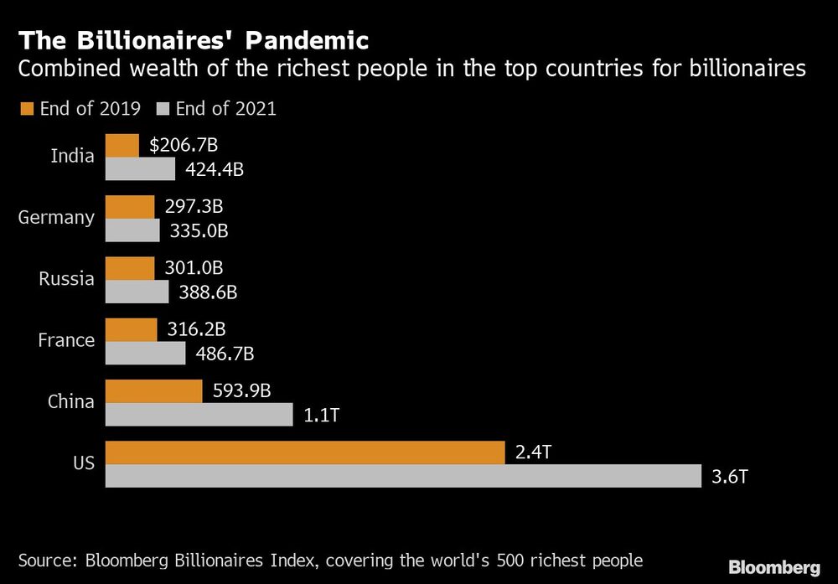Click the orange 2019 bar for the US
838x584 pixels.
(x=304, y=452)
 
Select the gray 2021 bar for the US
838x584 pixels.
(x=402, y=476)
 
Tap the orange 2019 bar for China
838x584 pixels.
(x=153, y=391)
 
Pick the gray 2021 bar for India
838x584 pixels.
(x=140, y=169)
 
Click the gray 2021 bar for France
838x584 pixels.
(x=145, y=353)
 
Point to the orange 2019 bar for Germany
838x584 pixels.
(x=130, y=207)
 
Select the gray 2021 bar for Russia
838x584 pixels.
(x=137, y=292)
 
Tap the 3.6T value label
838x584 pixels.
(x=728, y=476)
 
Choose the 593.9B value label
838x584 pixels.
(x=241, y=390)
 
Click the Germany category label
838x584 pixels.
(x=56, y=218)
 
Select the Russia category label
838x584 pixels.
(x=66, y=279)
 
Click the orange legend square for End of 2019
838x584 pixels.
(x=24, y=108)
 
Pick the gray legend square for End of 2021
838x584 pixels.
(x=161, y=108)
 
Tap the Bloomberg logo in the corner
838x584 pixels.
(x=773, y=567)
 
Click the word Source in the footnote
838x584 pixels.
(x=49, y=560)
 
